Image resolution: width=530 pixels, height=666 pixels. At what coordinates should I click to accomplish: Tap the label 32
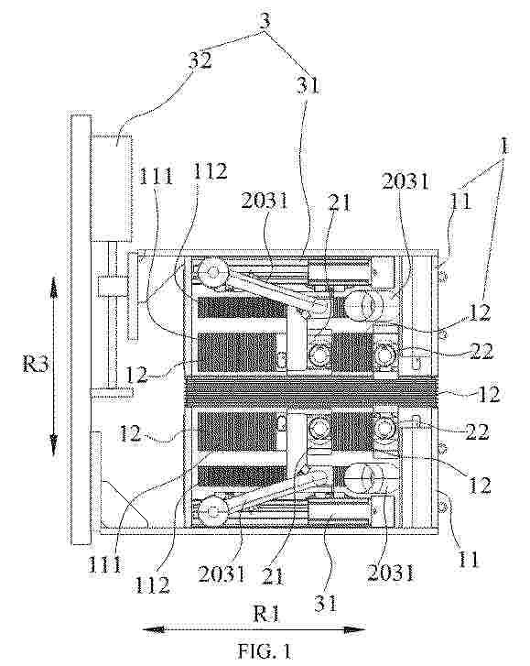click(x=200, y=61)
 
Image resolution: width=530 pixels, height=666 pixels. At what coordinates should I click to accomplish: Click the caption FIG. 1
click(x=265, y=650)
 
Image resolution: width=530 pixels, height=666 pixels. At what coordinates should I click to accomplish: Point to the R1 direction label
click(x=266, y=614)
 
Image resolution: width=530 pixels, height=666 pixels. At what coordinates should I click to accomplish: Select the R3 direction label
click(x=36, y=365)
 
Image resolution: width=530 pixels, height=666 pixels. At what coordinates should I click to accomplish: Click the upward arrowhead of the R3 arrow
click(x=54, y=285)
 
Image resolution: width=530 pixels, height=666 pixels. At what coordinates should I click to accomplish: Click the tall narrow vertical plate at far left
click(x=81, y=329)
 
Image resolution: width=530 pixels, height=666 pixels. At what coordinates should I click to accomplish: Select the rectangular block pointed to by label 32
click(x=111, y=188)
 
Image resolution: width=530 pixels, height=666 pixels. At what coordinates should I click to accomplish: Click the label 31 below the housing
click(x=326, y=603)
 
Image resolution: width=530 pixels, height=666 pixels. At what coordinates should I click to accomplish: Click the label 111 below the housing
click(x=105, y=564)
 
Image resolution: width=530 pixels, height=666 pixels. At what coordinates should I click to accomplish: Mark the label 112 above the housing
click(x=210, y=171)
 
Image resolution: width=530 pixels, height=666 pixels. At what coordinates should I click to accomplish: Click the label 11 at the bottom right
click(x=468, y=560)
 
